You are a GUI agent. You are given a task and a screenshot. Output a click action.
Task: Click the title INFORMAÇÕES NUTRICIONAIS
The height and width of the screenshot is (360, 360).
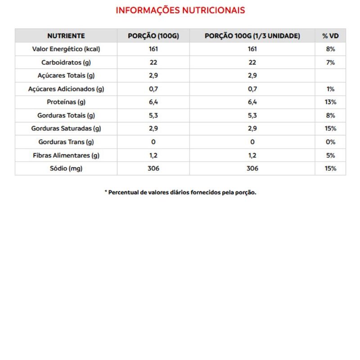(x=180, y=10)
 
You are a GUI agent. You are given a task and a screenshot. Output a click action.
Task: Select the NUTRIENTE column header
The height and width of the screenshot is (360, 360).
(x=66, y=36)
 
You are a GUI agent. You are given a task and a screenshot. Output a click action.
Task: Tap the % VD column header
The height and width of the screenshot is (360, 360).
(x=330, y=36)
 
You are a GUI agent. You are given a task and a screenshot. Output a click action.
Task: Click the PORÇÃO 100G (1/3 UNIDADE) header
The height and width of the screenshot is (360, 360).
(x=252, y=36)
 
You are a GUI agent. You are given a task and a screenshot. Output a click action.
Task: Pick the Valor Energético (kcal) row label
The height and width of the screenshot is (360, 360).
(x=66, y=49)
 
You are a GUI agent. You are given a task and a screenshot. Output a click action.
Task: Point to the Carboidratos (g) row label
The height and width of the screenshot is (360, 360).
(x=66, y=63)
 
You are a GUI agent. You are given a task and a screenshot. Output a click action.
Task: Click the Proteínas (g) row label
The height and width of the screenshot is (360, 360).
(x=66, y=102)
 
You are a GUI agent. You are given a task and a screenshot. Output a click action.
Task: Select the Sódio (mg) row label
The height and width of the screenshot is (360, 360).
(x=66, y=169)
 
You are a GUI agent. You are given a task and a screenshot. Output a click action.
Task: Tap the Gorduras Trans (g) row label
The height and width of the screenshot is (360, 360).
(x=66, y=142)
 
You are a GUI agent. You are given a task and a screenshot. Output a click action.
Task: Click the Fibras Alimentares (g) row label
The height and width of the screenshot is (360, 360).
(x=66, y=156)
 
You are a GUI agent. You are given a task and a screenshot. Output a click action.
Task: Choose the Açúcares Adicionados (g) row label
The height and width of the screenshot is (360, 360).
(x=66, y=89)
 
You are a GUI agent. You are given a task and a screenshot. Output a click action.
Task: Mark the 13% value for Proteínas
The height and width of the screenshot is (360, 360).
(x=330, y=102)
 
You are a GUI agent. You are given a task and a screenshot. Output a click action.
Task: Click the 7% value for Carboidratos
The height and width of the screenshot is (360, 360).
(x=330, y=63)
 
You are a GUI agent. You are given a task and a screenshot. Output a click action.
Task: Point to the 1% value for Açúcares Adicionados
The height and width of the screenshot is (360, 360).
(x=330, y=89)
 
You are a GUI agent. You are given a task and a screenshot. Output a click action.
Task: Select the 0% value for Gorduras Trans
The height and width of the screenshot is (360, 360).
(x=330, y=142)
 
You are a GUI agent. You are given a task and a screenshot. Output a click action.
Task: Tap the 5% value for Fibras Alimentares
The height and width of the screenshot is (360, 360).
(x=330, y=156)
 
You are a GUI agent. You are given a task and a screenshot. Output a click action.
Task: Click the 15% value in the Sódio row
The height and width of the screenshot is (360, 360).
(x=330, y=169)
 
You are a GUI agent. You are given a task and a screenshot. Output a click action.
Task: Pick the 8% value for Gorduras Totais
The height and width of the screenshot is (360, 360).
(x=330, y=116)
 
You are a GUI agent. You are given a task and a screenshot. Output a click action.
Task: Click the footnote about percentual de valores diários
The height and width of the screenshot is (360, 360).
(x=180, y=193)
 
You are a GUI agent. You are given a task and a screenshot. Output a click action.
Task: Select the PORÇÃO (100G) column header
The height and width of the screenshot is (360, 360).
(x=153, y=36)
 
